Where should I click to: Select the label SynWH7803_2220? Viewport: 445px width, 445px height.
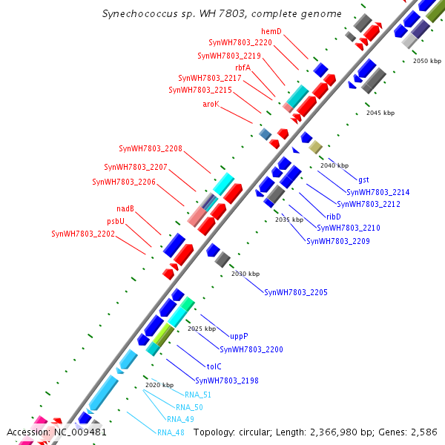pos(240,43)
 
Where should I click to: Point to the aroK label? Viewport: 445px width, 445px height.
pos(211,104)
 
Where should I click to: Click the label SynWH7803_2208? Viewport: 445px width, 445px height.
pos(151,148)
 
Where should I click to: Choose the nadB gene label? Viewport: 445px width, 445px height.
pos(125,208)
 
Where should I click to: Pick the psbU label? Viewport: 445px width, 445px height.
pos(116,221)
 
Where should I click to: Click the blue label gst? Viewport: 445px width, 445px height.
pos(363,179)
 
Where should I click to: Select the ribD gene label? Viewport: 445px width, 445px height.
pos(334,217)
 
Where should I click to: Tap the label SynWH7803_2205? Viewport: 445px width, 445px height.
pos(296,292)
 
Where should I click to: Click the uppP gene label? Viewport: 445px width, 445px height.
pos(239,336)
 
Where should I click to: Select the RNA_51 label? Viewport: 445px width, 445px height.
pos(198,395)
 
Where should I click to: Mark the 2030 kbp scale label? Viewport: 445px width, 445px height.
pos(245,274)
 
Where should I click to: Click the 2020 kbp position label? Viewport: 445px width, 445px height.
pos(159,385)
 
